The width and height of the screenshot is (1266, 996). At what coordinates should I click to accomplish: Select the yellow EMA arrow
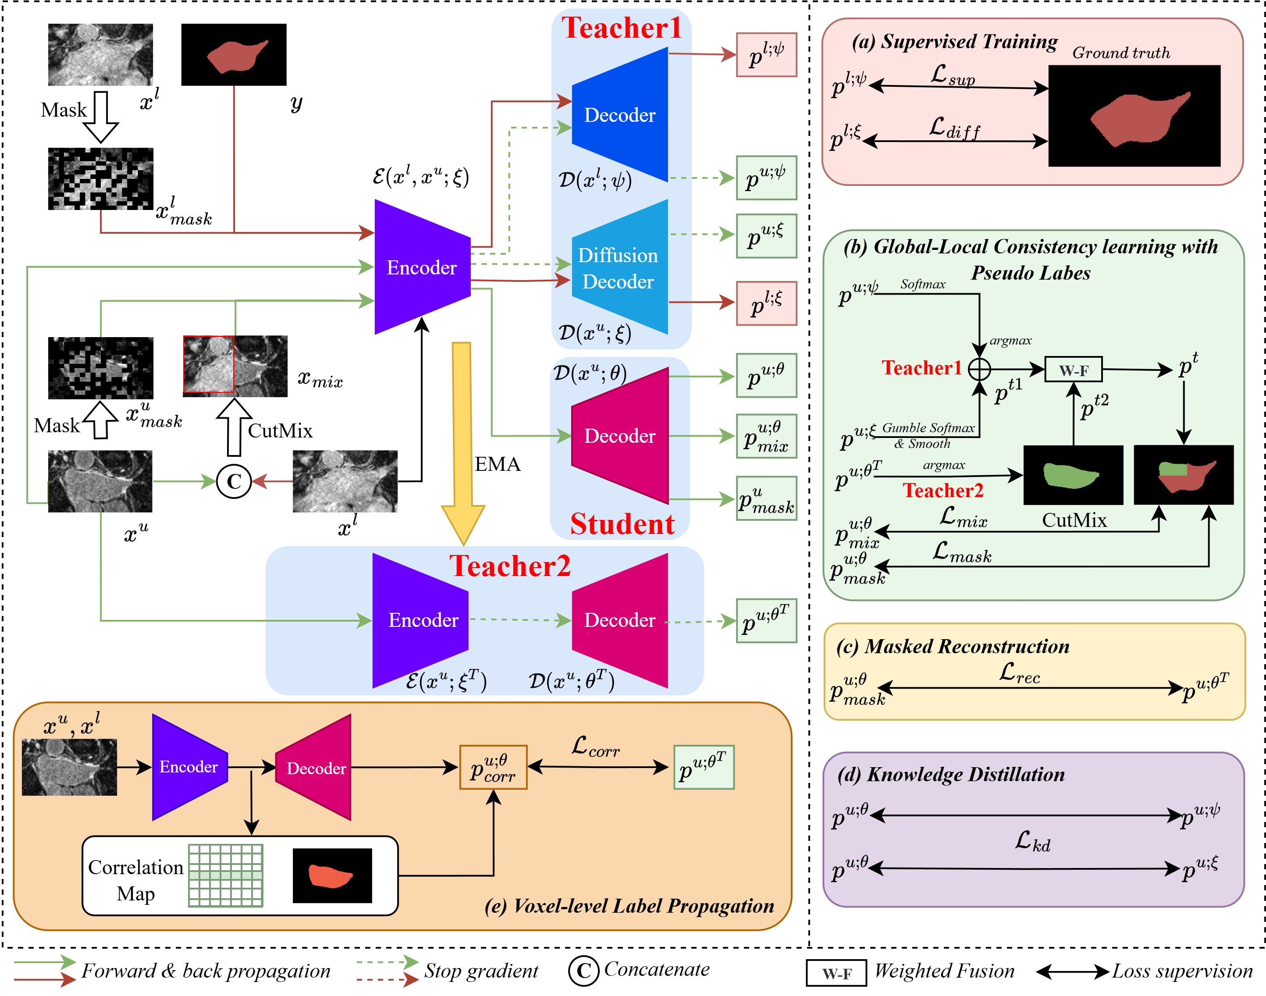[x=462, y=438]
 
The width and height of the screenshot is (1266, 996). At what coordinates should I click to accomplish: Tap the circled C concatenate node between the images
[x=234, y=482]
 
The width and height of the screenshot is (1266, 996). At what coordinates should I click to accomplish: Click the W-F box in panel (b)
[x=1073, y=370]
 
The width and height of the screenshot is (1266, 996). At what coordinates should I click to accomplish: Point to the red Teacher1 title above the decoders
[x=622, y=28]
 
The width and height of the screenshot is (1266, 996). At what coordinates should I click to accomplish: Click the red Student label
[x=622, y=524]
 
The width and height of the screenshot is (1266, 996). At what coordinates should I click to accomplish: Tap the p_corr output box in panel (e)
[x=493, y=768]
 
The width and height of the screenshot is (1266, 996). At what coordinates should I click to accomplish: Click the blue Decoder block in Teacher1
[x=619, y=115]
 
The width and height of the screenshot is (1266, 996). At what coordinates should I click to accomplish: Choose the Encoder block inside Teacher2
[x=422, y=619]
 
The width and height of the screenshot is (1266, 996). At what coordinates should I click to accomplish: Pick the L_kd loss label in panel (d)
[x=1032, y=841]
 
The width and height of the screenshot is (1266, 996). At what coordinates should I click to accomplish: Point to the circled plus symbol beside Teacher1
[x=979, y=369]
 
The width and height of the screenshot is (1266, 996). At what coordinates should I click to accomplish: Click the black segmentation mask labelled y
[x=234, y=55]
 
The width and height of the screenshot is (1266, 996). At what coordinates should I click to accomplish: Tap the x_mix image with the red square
[x=235, y=366]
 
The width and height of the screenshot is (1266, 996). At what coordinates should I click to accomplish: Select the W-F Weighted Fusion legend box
[x=836, y=973]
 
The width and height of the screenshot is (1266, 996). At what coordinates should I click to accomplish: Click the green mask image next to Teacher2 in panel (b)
[x=1073, y=475]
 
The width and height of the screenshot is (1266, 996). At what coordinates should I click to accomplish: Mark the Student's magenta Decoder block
[x=619, y=436]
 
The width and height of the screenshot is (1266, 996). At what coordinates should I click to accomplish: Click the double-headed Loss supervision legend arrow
[x=1072, y=971]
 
